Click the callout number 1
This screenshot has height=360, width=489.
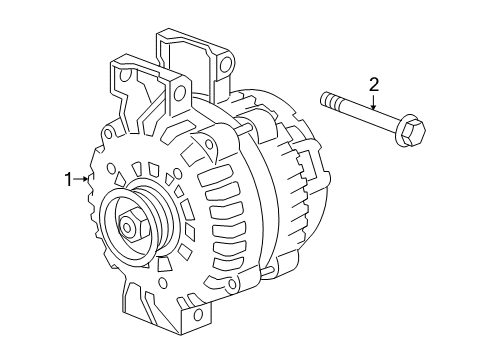click(69, 180)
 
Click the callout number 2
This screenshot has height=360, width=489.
click(374, 85)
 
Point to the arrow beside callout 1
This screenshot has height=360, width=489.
click(82, 180)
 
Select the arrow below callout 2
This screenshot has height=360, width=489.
click(374, 105)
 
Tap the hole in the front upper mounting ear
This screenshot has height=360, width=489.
click(181, 94)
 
